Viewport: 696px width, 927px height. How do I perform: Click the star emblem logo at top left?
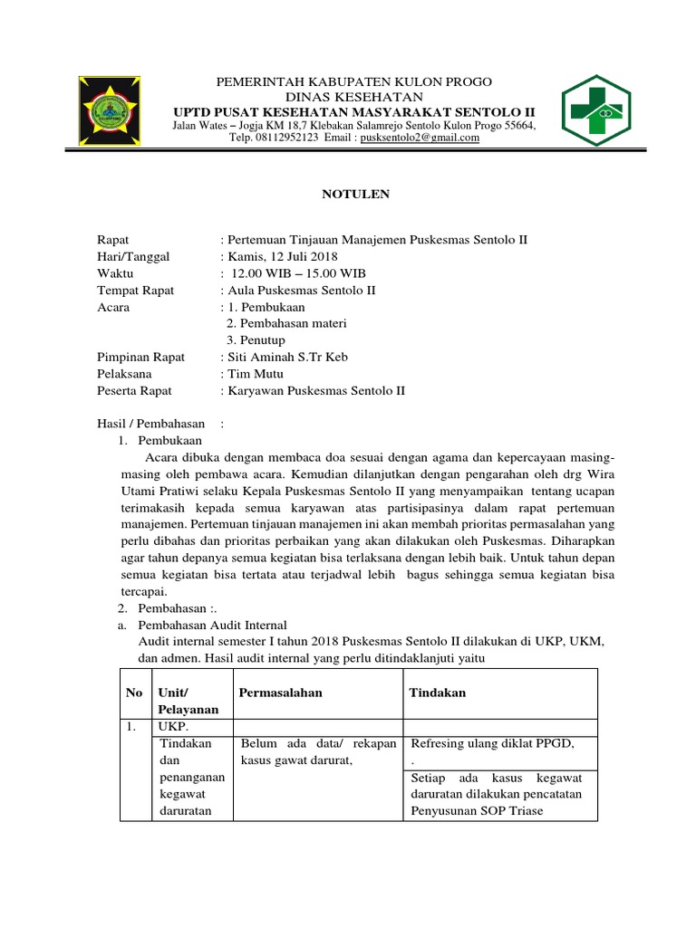(117, 110)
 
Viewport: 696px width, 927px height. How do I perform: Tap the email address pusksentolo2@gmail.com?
(420, 138)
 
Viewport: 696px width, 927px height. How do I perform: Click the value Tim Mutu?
(257, 374)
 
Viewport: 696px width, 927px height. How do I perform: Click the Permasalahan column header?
(281, 693)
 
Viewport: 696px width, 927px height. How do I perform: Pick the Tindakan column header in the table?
(438, 693)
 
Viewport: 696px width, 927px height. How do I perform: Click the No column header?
(135, 693)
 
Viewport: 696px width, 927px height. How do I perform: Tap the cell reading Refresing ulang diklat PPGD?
(492, 743)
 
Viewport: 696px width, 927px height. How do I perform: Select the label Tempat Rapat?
(136, 291)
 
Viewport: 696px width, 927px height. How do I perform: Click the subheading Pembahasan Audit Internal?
(211, 625)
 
